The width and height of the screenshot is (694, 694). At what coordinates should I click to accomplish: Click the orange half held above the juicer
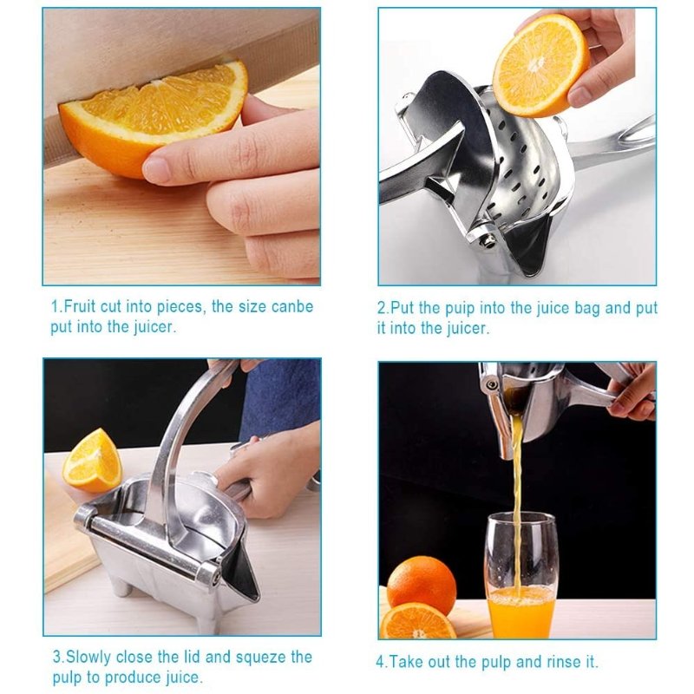coord(540,65)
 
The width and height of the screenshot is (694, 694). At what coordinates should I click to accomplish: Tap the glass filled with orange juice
coord(520,573)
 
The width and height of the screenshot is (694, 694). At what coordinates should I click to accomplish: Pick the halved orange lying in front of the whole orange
coord(418,622)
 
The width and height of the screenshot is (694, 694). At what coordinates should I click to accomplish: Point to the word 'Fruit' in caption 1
coord(82,306)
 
